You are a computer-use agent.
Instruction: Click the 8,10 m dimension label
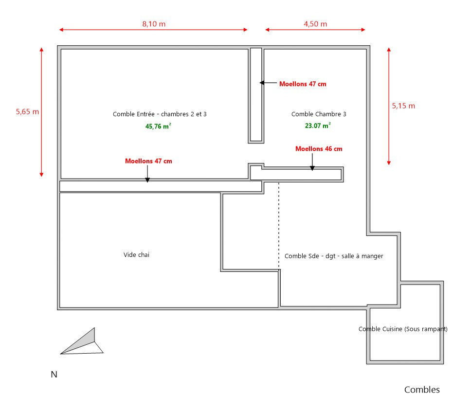(154, 23)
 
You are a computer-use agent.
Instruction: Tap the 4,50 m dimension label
(315, 23)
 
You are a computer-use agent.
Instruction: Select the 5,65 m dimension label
(27, 111)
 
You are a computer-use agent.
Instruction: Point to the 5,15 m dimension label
(403, 106)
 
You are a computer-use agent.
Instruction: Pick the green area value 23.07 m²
(318, 125)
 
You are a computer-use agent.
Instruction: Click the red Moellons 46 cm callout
(319, 149)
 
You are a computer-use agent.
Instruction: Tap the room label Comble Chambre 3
(319, 114)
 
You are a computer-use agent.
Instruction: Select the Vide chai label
(136, 254)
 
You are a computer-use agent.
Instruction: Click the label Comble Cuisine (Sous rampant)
(403, 329)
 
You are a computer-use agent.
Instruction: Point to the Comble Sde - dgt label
(334, 256)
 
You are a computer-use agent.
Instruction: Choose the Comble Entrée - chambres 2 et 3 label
(160, 114)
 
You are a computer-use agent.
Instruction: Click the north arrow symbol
(83, 343)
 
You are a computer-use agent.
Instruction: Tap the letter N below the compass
(54, 375)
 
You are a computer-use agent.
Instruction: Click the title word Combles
(422, 390)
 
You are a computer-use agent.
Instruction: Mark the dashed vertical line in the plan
(279, 224)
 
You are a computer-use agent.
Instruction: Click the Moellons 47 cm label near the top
(303, 84)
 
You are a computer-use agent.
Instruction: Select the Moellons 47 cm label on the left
(148, 161)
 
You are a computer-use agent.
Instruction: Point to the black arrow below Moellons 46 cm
(312, 162)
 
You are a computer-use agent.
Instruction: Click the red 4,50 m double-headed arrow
(315, 30)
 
